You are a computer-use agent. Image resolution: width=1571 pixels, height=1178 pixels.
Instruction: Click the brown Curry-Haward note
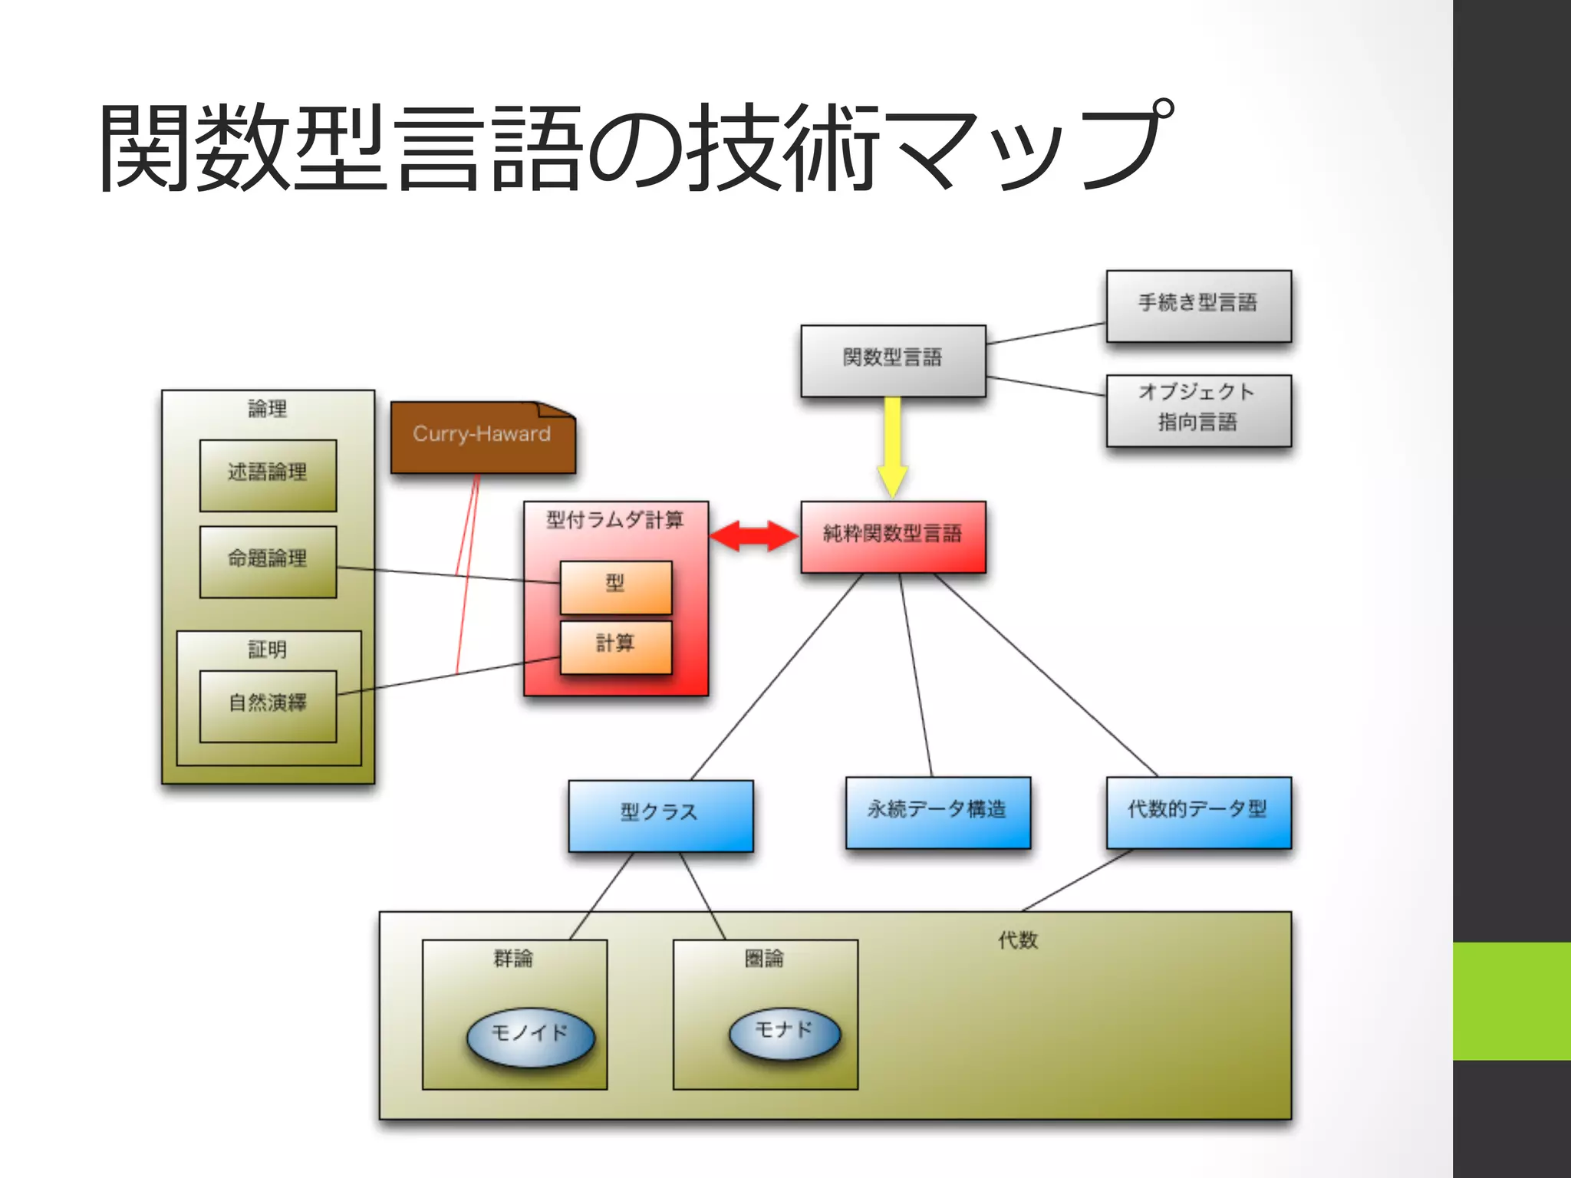click(482, 436)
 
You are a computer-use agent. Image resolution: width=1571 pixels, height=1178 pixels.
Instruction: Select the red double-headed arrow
click(754, 536)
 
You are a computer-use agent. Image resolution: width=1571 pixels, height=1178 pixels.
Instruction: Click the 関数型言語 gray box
click(893, 360)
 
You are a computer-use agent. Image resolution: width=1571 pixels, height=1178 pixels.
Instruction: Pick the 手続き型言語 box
click(1198, 304)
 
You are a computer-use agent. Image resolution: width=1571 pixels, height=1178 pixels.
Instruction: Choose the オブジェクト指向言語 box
click(1198, 410)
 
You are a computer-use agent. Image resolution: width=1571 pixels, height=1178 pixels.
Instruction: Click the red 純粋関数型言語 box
click(893, 536)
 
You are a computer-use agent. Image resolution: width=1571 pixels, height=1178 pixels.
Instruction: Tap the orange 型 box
click(616, 586)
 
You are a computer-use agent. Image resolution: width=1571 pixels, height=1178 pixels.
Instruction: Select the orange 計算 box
click(616, 647)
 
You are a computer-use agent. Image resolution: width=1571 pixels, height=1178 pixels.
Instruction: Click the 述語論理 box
click(268, 474)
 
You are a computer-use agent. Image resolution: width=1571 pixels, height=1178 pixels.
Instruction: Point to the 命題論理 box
click(268, 561)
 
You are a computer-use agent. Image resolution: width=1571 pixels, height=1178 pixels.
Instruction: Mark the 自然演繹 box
click(268, 706)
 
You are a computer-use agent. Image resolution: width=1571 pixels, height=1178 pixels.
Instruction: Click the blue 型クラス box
click(660, 814)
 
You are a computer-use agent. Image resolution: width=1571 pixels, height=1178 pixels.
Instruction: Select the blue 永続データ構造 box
click(937, 811)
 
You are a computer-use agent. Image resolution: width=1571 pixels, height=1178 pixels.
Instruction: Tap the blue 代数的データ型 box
click(1198, 811)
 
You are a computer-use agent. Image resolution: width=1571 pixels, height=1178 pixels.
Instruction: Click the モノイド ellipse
click(531, 1037)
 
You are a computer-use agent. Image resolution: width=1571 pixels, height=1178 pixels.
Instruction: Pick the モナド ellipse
click(784, 1032)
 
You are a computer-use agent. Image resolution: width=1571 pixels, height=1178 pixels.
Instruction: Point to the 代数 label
click(1018, 940)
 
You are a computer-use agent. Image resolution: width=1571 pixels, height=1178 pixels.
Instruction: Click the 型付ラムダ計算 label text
click(615, 521)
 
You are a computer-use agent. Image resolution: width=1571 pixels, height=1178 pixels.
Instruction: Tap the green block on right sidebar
click(1511, 1001)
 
